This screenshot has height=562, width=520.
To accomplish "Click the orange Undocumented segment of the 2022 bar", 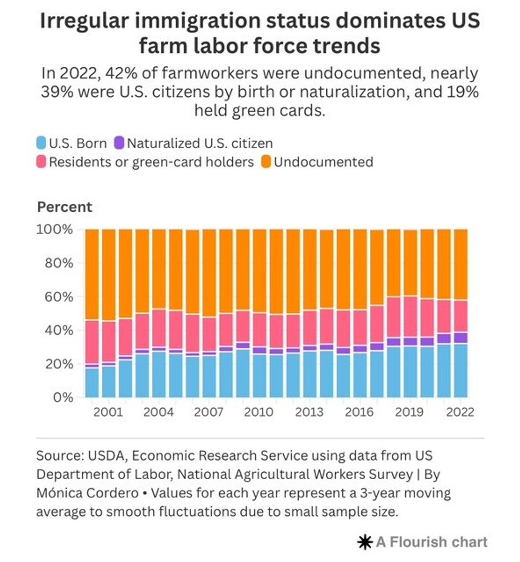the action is [x=461, y=264].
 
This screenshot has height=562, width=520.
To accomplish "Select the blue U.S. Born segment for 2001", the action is [x=109, y=382].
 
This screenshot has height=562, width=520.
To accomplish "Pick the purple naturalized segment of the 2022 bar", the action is [x=461, y=338].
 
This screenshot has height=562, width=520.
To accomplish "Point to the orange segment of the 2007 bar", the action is [x=209, y=273].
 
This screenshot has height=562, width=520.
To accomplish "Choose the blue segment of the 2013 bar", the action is [x=310, y=375].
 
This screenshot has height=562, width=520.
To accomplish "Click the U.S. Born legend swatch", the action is [x=41, y=143].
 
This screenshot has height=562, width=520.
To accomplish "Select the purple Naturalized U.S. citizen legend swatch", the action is [x=119, y=143].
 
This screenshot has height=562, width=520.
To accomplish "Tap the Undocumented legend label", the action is [x=324, y=162].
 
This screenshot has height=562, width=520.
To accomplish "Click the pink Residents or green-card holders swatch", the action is [x=41, y=162].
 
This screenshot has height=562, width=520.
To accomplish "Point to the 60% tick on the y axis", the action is [x=58, y=297].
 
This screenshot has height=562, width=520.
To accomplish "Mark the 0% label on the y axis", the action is [x=63, y=397].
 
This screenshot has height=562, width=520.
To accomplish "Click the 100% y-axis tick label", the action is [x=55, y=229].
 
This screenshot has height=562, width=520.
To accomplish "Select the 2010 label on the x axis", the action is [x=259, y=412].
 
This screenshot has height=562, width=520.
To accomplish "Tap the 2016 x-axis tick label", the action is [x=359, y=412].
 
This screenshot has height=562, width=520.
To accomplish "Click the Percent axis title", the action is [x=65, y=207].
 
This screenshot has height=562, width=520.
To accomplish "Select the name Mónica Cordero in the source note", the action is [x=88, y=493].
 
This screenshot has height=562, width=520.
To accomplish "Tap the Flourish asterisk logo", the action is [x=365, y=542].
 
